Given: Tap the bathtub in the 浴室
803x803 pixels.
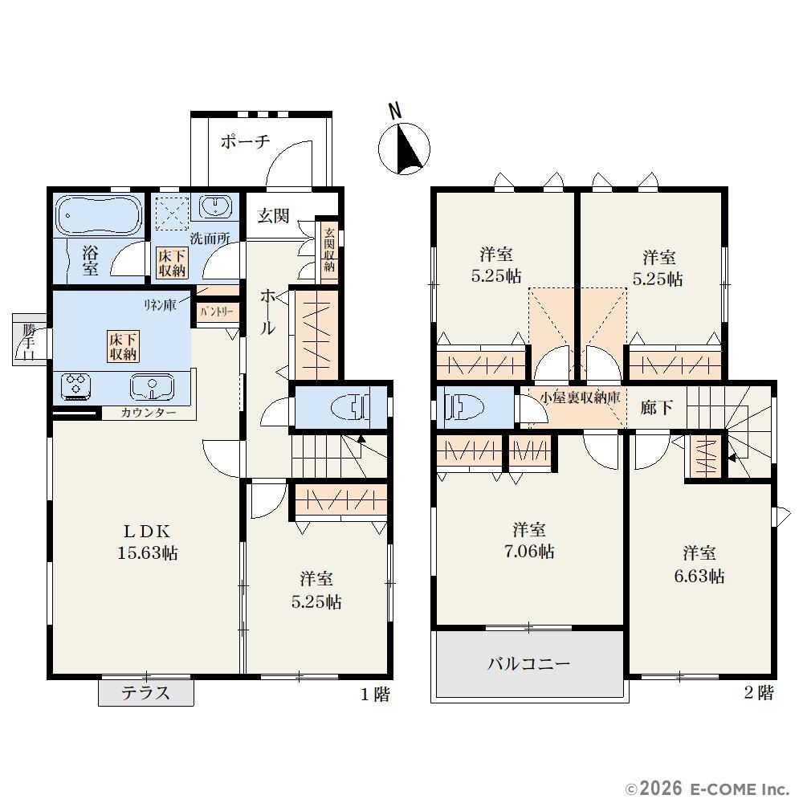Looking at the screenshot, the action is point(99,215).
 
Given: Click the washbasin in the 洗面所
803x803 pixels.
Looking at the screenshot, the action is point(215,208).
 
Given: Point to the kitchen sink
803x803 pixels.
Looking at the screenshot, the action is point(153,386).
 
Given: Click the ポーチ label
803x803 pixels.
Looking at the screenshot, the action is point(245,141).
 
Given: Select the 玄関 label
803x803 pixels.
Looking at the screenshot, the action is point(274,215).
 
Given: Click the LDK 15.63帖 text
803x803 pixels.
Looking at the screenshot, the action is point(148,542).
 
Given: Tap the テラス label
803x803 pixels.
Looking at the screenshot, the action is point(145,693).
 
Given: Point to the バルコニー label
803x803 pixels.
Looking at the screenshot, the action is point(528,664).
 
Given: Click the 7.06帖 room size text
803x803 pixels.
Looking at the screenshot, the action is point(529,552).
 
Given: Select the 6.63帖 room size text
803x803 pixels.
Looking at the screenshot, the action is point(699,576).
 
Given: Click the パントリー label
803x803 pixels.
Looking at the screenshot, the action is point(217,312).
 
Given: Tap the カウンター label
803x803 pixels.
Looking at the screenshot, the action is point(149,413).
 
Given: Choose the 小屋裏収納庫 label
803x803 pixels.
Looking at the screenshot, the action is point(581,397).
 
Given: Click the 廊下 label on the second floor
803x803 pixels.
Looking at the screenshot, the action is point(657,407).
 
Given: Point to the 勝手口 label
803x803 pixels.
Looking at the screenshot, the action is point(29,341).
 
